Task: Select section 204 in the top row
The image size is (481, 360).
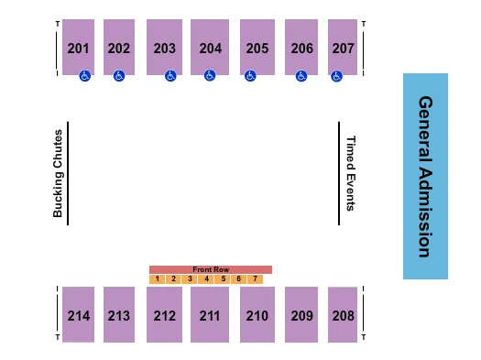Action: (x=210, y=48)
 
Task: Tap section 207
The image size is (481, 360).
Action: (x=342, y=48)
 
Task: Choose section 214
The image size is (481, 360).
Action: (x=78, y=315)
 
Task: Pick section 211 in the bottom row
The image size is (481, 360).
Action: (x=210, y=315)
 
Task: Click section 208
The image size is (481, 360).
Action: (x=342, y=315)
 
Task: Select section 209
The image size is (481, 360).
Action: (x=301, y=315)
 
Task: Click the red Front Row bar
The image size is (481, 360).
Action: (x=211, y=269)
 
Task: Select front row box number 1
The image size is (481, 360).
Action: (x=158, y=278)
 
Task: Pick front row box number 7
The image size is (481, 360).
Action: (x=255, y=278)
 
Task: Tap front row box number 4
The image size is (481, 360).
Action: (x=206, y=278)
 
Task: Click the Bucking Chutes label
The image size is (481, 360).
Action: (x=58, y=172)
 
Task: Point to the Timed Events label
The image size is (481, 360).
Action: (x=350, y=172)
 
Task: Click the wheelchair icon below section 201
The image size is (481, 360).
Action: (x=84, y=77)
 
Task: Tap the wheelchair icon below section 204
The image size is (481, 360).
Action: (x=210, y=76)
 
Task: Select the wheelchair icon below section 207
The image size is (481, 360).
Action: (x=336, y=77)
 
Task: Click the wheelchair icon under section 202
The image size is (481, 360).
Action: (x=118, y=76)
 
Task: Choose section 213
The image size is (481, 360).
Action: (x=119, y=315)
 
